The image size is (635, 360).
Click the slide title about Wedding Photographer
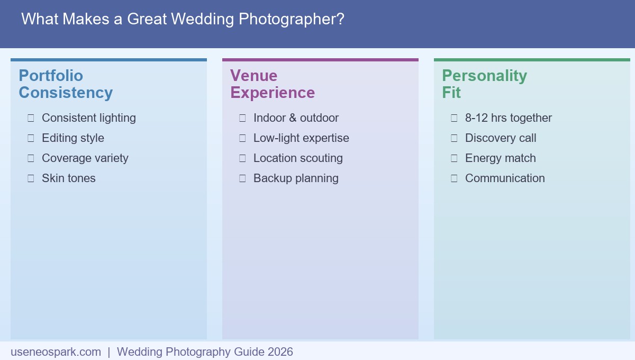pos(183,20)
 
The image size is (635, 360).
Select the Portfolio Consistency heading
pos(66,84)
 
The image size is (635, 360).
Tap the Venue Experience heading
pos(273,84)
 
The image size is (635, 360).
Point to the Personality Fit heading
pos(484,84)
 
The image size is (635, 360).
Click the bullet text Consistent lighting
pos(89,118)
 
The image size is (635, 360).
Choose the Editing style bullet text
pos(73,138)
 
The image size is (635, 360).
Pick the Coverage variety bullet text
pos(85,158)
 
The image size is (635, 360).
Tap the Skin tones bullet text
pos(69,178)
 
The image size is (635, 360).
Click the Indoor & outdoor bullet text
pos(296,118)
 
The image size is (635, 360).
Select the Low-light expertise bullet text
pos(301,138)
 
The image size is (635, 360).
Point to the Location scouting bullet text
pos(298,158)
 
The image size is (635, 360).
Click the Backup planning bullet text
pos(296,178)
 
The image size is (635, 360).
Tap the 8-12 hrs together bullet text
pos(509,118)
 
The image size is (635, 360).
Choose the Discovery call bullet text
pos(501,138)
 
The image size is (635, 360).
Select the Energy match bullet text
pos(501,158)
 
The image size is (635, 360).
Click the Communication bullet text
pos(505,178)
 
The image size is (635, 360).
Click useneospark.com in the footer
pos(56,352)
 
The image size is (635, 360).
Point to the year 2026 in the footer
pos(280,352)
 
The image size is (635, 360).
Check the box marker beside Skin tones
pos(31,178)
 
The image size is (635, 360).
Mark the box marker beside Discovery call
pos(454,138)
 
